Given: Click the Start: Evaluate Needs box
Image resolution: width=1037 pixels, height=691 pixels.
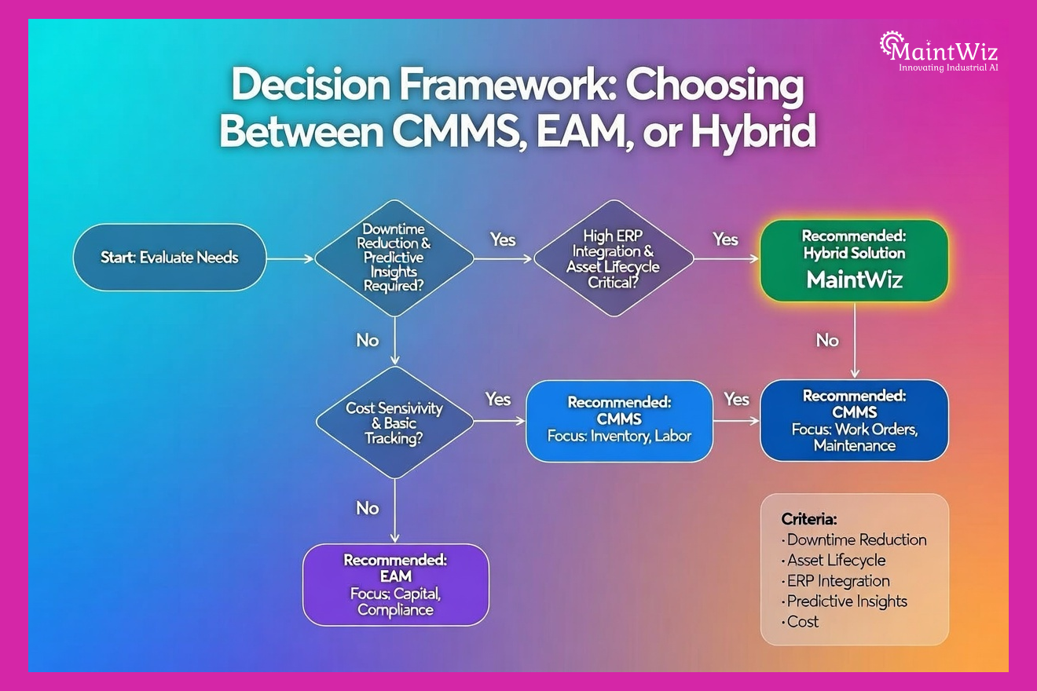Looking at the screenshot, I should (169, 258).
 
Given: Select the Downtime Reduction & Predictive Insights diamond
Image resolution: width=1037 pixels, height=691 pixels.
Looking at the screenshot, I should (394, 257).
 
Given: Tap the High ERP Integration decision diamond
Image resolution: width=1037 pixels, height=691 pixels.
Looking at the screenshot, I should (613, 257).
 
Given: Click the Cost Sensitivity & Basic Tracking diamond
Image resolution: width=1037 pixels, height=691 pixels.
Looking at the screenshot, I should (394, 422).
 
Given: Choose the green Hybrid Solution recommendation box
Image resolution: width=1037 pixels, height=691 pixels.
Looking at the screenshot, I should (854, 261).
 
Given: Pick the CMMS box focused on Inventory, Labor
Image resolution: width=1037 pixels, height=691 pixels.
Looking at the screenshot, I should (619, 420).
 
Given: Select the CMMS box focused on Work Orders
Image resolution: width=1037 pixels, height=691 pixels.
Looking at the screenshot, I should (854, 420).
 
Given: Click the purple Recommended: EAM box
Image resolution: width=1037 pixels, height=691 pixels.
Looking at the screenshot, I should (395, 584).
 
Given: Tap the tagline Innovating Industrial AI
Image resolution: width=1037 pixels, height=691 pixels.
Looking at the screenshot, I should (948, 68).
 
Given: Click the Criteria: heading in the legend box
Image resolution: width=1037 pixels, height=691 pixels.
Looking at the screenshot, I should (809, 519).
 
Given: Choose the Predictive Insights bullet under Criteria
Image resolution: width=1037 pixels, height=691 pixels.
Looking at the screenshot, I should (846, 601).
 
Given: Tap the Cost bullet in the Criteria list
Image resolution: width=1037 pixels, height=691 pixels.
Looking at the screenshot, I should (802, 621).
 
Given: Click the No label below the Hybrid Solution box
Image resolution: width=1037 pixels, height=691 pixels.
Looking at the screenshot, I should (827, 340).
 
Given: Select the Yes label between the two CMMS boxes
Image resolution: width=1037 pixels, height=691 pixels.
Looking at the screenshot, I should (736, 399).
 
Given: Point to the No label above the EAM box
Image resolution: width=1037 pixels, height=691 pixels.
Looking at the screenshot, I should (368, 508).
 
